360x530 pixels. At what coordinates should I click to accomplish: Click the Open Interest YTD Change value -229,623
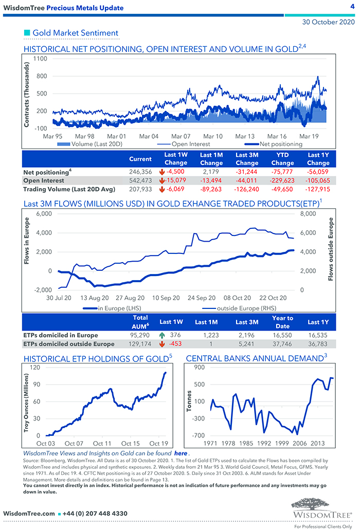tap(282, 180)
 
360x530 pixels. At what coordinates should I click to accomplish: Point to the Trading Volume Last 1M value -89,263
tap(211, 190)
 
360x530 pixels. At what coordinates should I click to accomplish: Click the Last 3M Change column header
tap(247, 159)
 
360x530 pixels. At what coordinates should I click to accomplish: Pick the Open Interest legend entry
tap(190, 144)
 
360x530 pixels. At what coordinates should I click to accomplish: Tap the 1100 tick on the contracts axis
tap(40, 59)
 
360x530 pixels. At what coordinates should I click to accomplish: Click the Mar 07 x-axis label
tap(181, 136)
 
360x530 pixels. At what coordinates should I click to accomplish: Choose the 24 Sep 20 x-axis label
tap(201, 298)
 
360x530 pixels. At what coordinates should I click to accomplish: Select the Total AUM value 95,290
tap(140, 335)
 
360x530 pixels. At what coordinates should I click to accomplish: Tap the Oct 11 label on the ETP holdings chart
tap(102, 443)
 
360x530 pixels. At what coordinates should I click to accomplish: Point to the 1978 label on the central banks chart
tap(228, 443)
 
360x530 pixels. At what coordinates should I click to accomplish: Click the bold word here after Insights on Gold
tap(181, 453)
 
